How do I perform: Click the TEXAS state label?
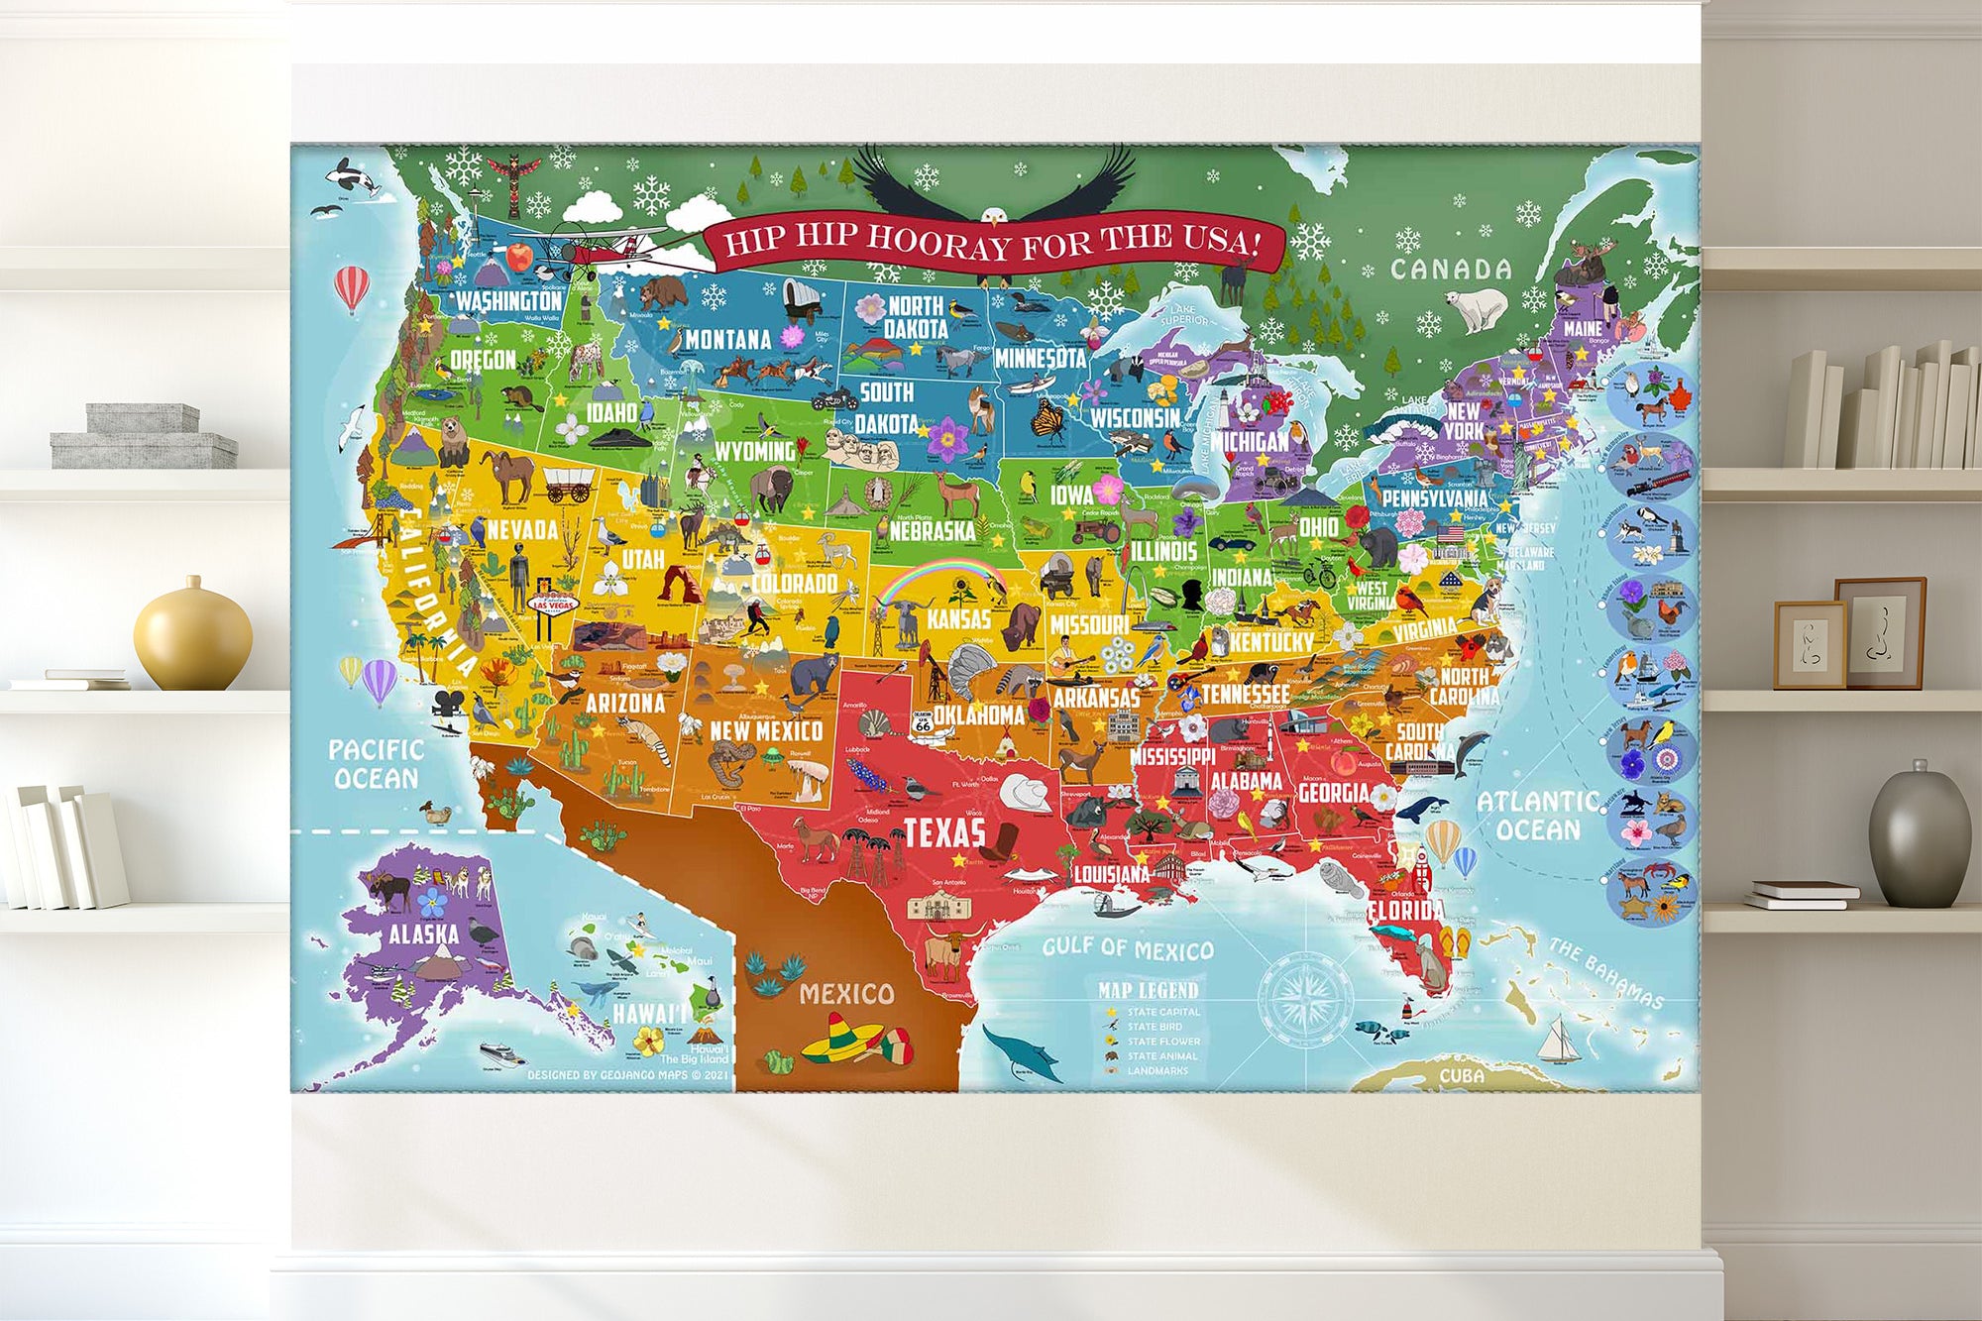(944, 833)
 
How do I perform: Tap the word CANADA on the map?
(1451, 270)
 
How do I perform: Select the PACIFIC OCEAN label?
(376, 764)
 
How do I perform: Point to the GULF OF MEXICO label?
(1128, 948)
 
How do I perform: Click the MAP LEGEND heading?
(1148, 990)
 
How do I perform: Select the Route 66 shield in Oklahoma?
(923, 722)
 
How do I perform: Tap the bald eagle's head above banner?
(994, 216)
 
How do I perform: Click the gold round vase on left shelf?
(192, 635)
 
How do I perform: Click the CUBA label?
(1462, 1076)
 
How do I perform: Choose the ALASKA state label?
(423, 934)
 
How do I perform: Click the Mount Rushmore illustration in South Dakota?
(863, 449)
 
